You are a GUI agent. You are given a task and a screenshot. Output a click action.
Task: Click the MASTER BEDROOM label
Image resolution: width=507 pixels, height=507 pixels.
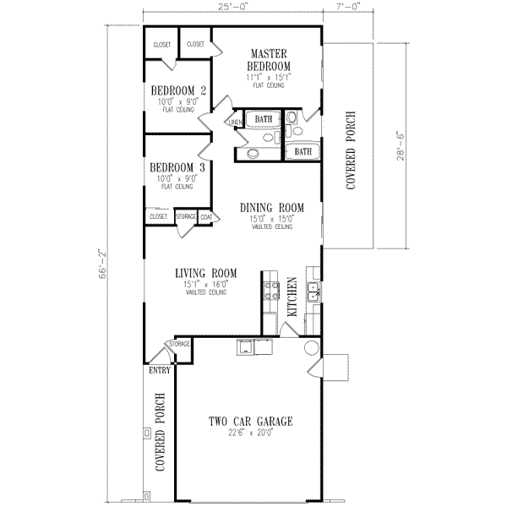pyautogui.click(x=269, y=59)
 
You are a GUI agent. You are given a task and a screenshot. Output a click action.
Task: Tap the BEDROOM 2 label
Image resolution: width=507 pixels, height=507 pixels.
pyautogui.click(x=179, y=91)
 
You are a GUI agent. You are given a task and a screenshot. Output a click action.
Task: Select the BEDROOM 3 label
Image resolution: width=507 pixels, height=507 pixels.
pyautogui.click(x=179, y=167)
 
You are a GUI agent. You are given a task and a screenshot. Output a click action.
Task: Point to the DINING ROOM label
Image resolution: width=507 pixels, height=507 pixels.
pyautogui.click(x=271, y=207)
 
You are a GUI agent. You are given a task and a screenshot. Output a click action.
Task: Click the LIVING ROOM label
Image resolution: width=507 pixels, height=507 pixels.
pyautogui.click(x=205, y=273)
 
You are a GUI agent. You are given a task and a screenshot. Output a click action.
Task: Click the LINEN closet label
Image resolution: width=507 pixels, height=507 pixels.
pyautogui.click(x=236, y=123)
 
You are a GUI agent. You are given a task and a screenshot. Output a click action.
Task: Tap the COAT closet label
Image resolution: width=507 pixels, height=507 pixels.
pyautogui.click(x=205, y=217)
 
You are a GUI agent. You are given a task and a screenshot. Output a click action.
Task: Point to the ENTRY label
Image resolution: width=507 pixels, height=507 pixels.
pyautogui.click(x=159, y=370)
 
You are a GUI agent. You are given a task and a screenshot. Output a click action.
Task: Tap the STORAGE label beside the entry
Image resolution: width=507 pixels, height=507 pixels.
pyautogui.click(x=179, y=345)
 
